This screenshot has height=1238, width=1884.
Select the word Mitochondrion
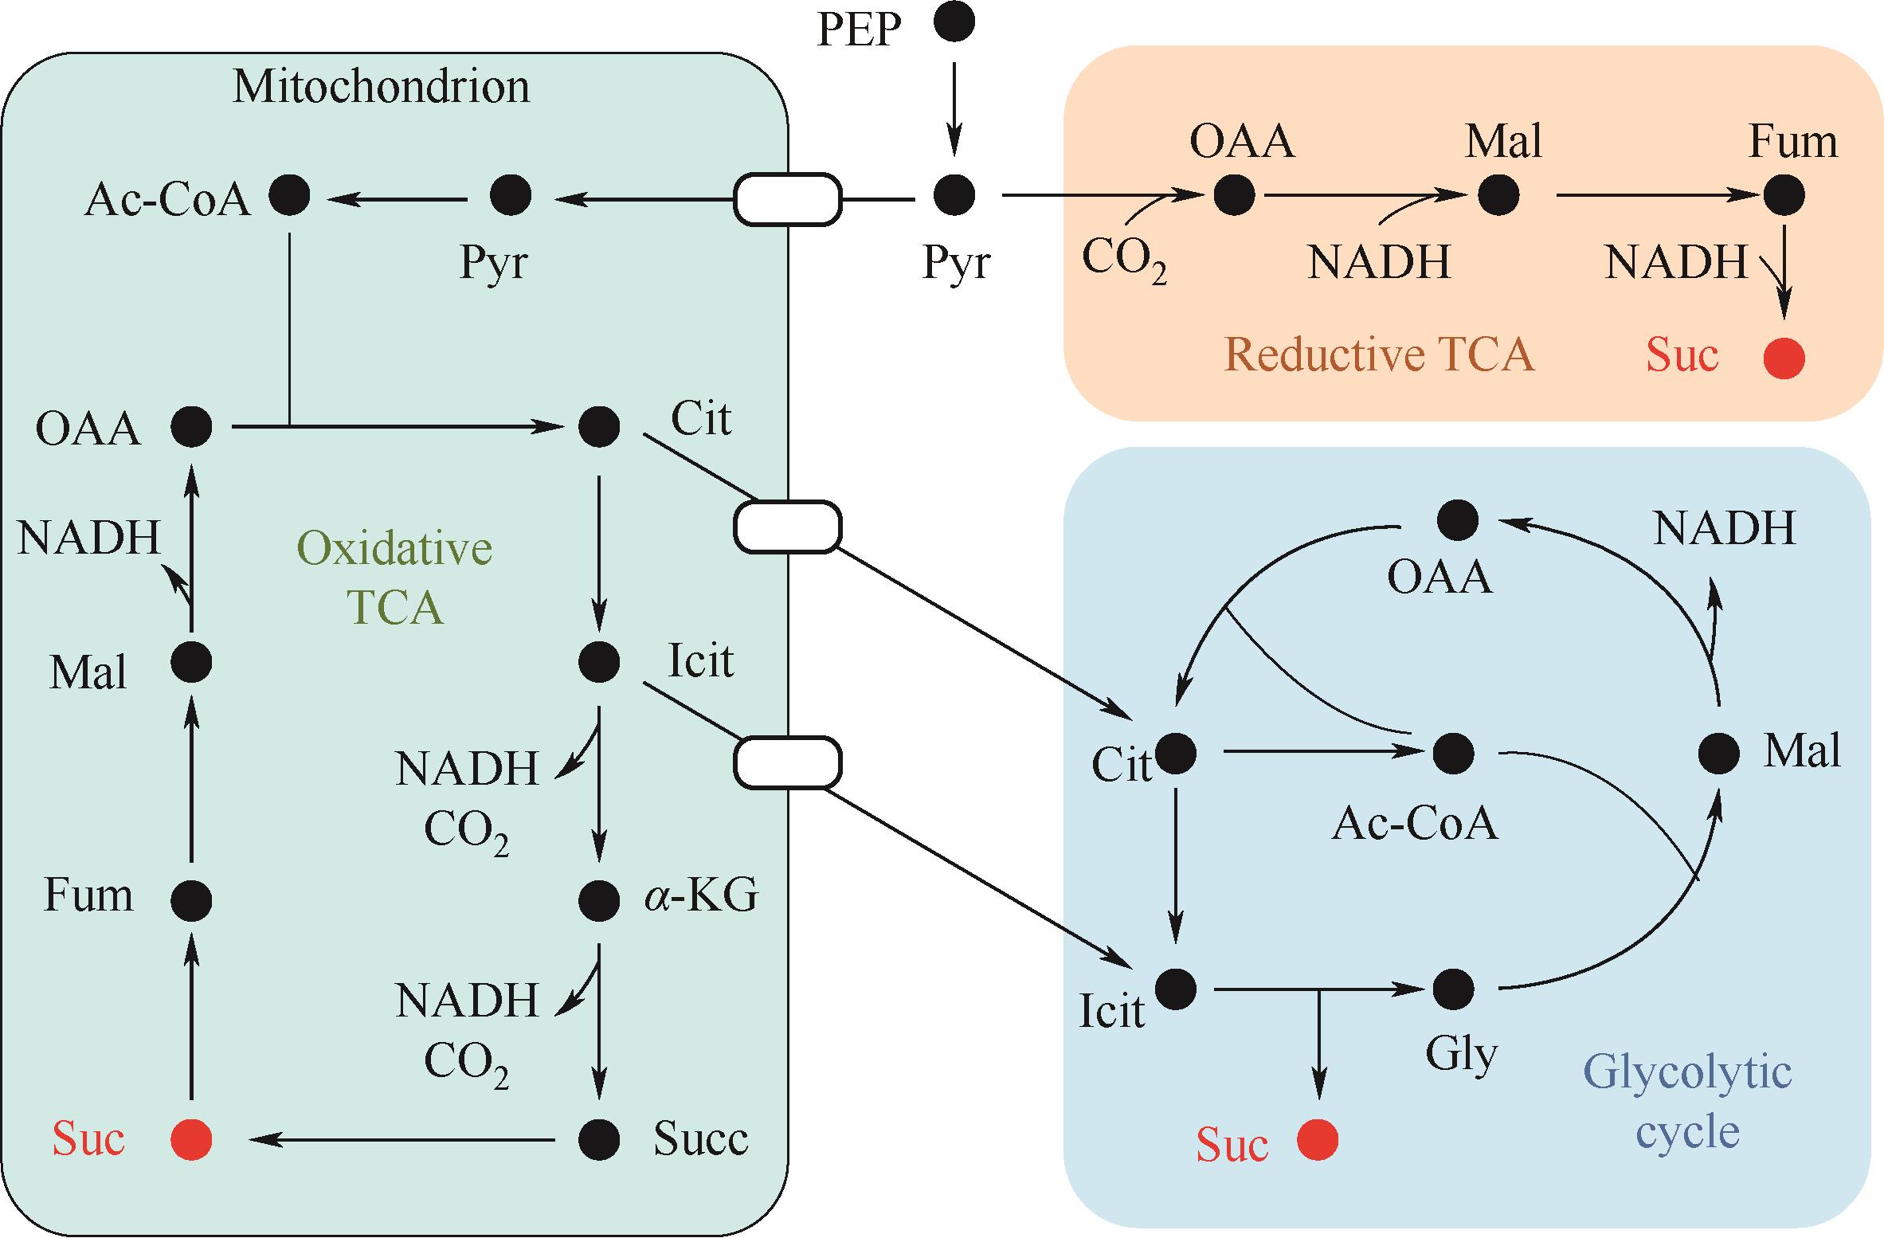(x=381, y=87)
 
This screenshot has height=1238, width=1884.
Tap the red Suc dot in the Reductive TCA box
(x=1784, y=358)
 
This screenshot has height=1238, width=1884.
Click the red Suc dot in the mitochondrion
(x=192, y=1139)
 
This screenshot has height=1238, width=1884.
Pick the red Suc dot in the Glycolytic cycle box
(x=1318, y=1140)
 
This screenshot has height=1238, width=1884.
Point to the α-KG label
(x=701, y=897)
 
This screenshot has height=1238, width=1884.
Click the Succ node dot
(x=599, y=1139)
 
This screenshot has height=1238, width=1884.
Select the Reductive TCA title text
(x=1378, y=355)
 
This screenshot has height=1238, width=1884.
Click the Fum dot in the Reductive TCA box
(x=1784, y=195)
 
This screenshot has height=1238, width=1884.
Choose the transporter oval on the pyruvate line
(x=787, y=198)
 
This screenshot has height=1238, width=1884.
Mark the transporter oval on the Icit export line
(x=787, y=762)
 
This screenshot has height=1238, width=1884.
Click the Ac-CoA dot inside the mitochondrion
(x=289, y=195)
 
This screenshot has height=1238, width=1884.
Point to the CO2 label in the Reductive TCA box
(x=1123, y=261)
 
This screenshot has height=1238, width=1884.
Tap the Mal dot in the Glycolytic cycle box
(x=1718, y=753)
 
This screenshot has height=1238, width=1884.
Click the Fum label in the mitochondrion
(x=88, y=895)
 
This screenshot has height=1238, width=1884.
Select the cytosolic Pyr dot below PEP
(x=954, y=195)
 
